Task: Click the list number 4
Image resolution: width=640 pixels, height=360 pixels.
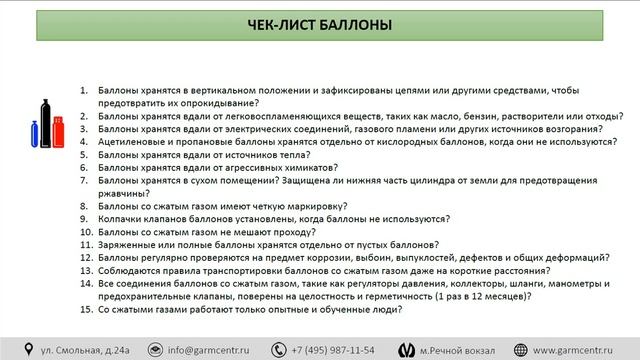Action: click(86, 142)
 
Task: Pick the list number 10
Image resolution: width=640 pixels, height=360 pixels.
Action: click(86, 232)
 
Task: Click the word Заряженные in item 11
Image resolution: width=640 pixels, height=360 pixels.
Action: click(126, 245)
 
